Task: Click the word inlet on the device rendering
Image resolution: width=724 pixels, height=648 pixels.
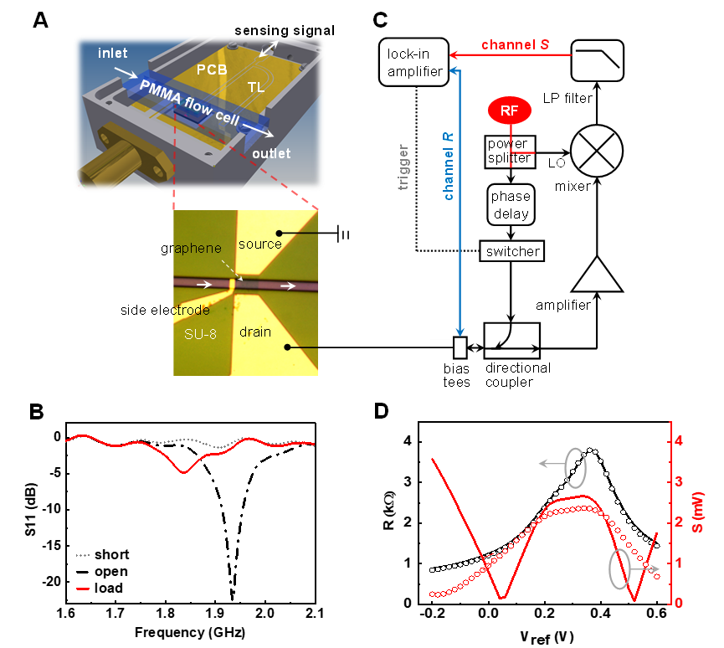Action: click(113, 54)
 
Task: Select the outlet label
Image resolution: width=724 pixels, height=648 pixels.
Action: click(271, 153)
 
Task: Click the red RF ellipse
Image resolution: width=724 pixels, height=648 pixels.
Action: click(510, 111)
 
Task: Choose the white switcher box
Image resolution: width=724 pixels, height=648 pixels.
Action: click(511, 250)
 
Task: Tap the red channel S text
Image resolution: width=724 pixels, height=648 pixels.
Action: click(515, 44)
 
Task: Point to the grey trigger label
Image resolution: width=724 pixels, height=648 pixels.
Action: click(403, 168)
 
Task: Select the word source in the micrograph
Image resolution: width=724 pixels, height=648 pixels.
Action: click(260, 244)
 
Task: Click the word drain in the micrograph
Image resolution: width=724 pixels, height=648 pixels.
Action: click(255, 332)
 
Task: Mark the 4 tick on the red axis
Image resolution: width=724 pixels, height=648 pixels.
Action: click(680, 440)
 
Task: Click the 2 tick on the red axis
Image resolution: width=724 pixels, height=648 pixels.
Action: click(680, 522)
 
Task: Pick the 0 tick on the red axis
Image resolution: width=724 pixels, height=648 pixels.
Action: click(680, 603)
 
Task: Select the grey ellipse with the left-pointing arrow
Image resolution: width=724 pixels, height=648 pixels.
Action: click(575, 467)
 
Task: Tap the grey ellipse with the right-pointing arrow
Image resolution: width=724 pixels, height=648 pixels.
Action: click(619, 569)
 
